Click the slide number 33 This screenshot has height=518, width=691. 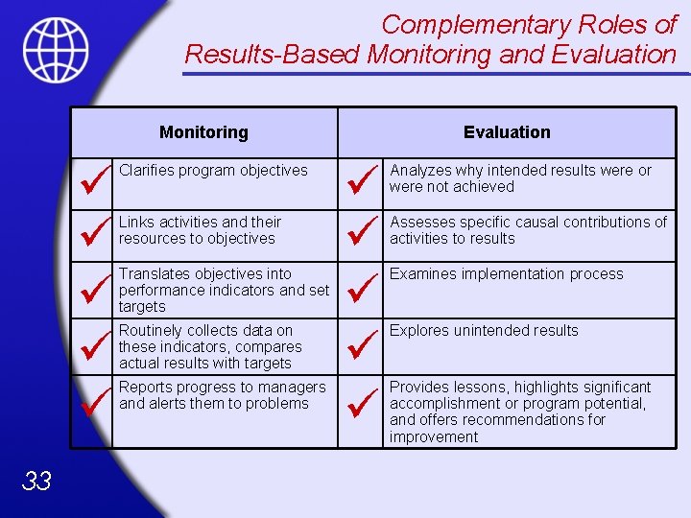coord(36,481)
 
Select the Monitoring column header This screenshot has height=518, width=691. coord(203,132)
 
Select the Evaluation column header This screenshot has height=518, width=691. coord(507,132)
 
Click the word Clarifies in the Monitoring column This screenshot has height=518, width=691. coord(149,171)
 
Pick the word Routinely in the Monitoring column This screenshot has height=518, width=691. coord(152,331)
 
